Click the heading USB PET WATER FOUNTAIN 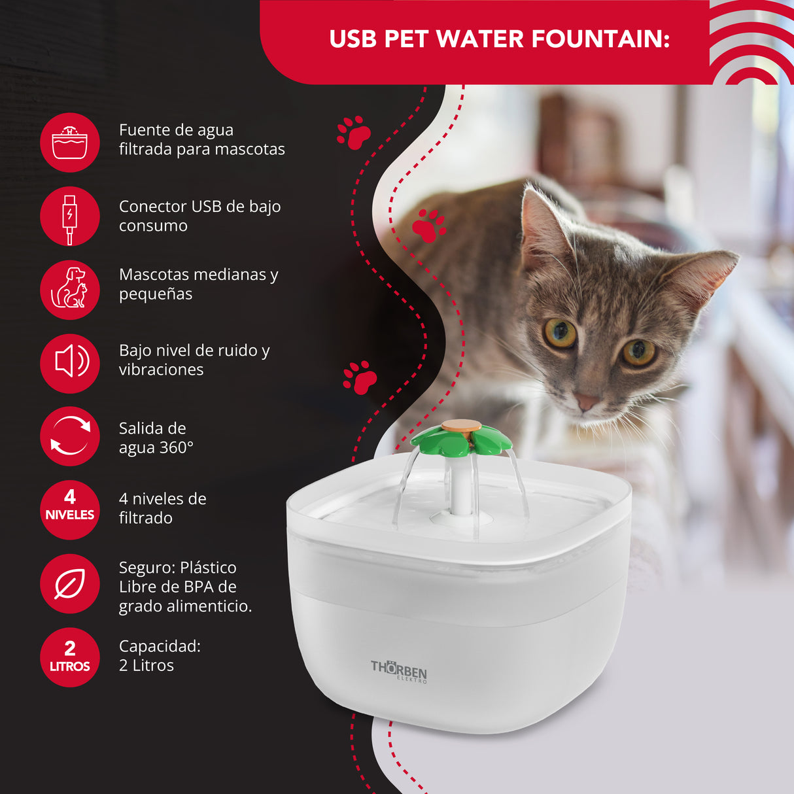point(500,39)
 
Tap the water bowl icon point(69,142)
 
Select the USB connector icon point(69,216)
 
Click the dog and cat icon point(69,290)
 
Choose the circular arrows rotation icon point(69,436)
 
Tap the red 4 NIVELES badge point(69,509)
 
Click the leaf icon point(69,583)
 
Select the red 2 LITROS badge point(69,657)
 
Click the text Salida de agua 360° point(156,438)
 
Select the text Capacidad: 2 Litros point(160,655)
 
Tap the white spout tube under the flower point(461,485)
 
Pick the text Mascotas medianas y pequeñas point(199,284)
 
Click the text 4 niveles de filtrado point(162,508)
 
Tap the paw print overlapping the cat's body point(429,226)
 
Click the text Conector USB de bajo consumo point(200,216)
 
